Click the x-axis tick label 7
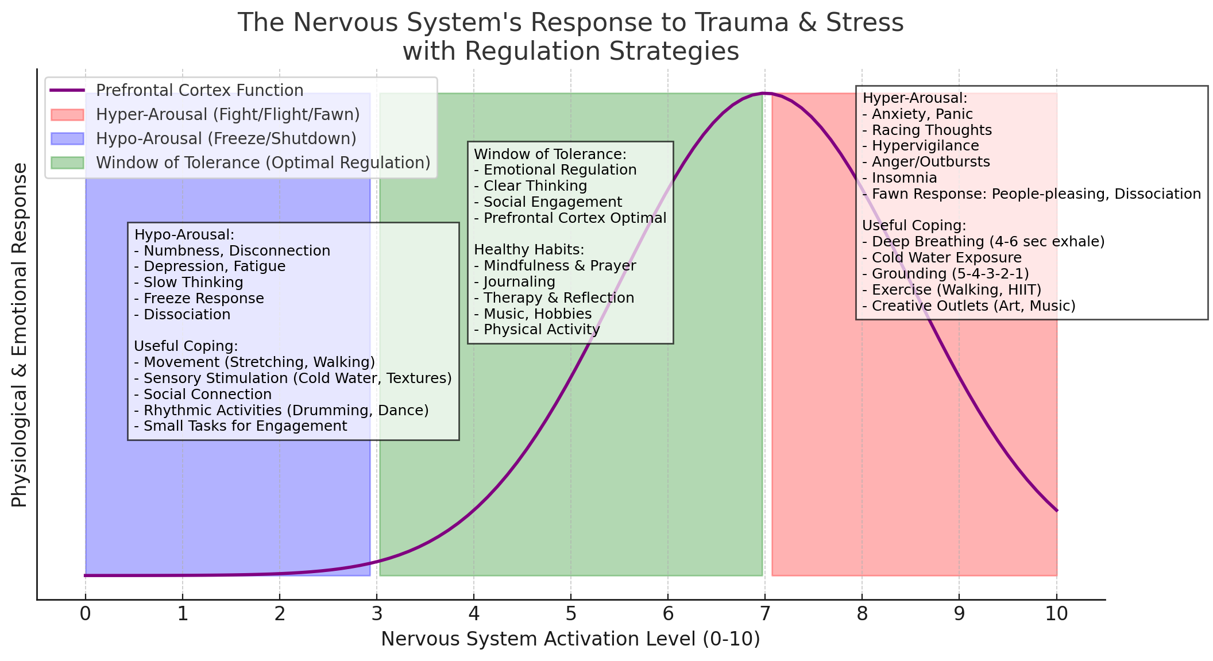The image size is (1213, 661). (764, 614)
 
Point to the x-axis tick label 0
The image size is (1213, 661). (85, 614)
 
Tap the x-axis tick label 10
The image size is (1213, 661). (1056, 614)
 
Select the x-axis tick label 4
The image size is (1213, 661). (473, 614)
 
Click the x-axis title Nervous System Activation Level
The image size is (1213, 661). (570, 639)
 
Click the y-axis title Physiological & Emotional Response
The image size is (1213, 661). (20, 334)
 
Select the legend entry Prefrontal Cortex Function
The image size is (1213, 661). (199, 91)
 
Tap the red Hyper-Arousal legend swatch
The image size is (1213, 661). (67, 115)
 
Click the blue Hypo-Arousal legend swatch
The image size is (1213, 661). (67, 139)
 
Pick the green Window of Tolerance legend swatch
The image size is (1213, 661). (67, 163)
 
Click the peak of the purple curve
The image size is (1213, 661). (764, 93)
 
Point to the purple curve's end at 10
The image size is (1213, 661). (1056, 510)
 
